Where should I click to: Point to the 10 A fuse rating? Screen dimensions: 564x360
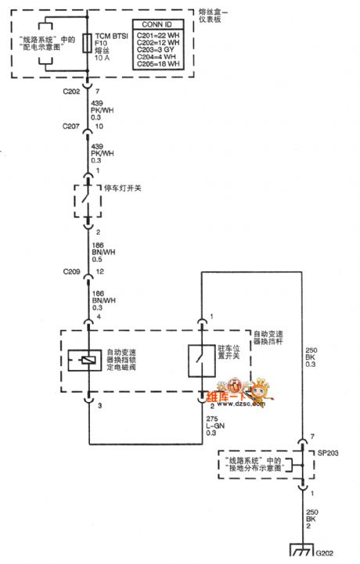click(102, 59)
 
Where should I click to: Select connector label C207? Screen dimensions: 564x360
click(70, 126)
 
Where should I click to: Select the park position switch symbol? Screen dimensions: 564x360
click(202, 359)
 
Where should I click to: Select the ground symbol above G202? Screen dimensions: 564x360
click(301, 550)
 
